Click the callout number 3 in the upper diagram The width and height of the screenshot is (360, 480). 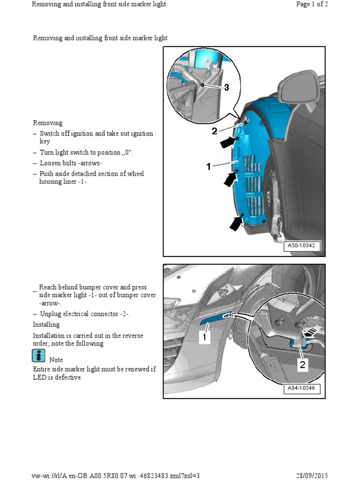click(226, 87)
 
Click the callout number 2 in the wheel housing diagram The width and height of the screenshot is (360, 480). click(214, 131)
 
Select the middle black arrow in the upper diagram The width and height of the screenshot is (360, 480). click(230, 179)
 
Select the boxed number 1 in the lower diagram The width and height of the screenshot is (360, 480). click(204, 337)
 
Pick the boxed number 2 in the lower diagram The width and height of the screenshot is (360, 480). click(303, 364)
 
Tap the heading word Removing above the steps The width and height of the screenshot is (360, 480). click(47, 123)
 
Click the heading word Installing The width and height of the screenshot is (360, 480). click(46, 324)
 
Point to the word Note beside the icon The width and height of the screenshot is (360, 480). click(56, 360)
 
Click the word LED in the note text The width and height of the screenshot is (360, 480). click(39, 377)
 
